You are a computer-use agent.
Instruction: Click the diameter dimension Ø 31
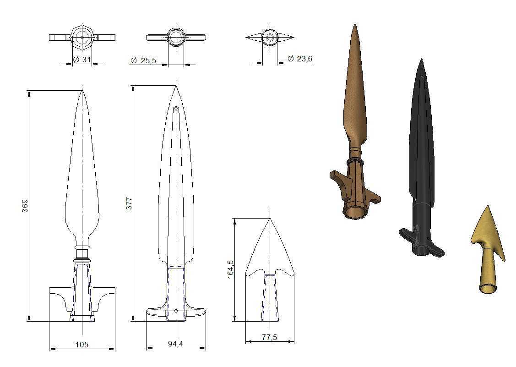81,60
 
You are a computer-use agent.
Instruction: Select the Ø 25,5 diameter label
143,60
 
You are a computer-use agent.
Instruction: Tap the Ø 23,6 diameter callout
300,59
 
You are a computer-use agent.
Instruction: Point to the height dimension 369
25,206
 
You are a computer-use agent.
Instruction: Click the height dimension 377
129,203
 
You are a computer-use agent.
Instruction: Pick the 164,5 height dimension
230,269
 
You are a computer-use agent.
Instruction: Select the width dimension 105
82,345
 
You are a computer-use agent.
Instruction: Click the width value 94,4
175,344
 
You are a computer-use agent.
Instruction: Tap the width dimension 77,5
270,337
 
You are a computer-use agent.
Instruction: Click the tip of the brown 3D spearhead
355,24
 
